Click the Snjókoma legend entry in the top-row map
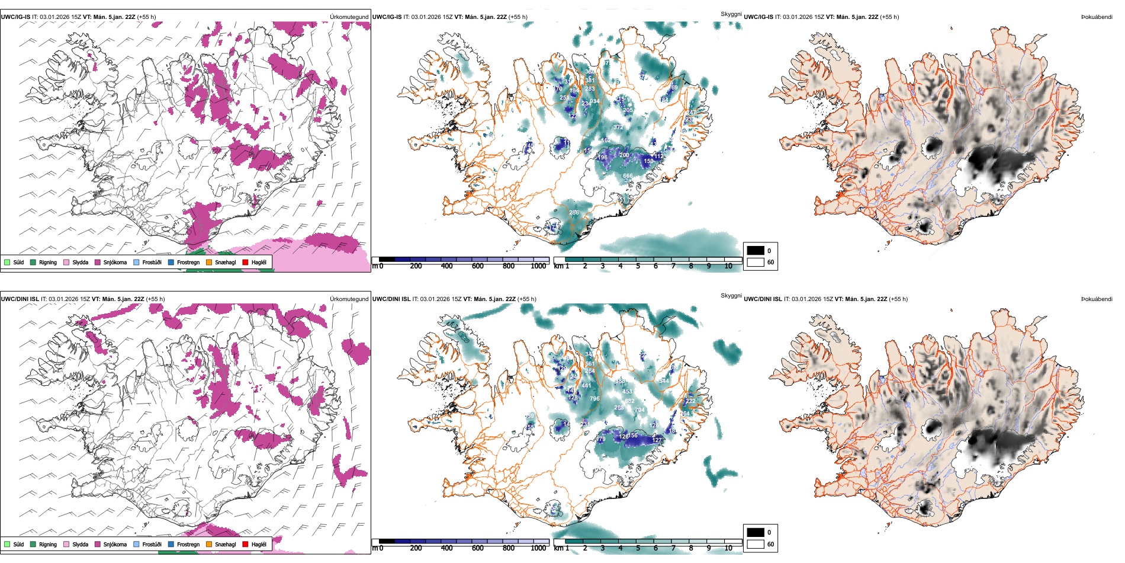tap(115, 262)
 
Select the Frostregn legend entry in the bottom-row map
tap(188, 544)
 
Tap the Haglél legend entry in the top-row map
tap(259, 262)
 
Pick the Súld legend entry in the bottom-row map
tap(18, 544)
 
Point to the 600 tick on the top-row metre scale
tap(478, 266)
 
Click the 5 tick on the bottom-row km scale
tap(638, 548)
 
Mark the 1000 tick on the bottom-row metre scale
tap(538, 548)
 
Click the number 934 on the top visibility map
tap(594, 101)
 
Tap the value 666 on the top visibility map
tap(628, 176)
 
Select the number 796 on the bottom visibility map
tap(594, 399)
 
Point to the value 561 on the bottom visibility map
tap(590, 364)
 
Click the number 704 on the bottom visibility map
tap(639, 410)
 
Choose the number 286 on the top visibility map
tap(574, 213)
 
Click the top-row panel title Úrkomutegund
tap(349, 17)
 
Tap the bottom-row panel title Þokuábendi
tap(1097, 299)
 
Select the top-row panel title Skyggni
tap(731, 14)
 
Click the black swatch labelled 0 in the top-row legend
tap(756, 251)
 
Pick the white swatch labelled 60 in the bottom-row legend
tap(756, 544)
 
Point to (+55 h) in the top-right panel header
tap(889, 17)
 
